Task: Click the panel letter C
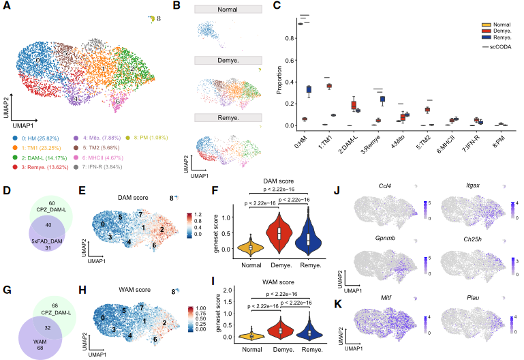click(x=277, y=5)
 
